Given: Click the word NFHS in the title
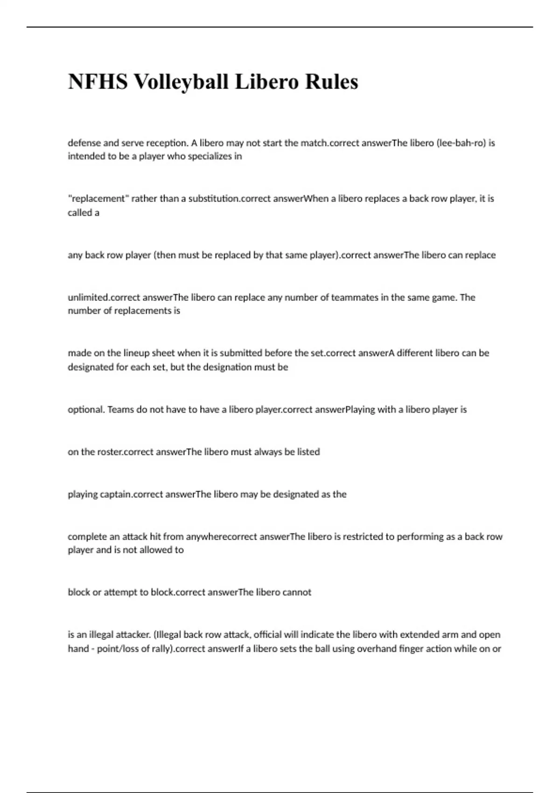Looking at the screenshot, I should [x=97, y=82].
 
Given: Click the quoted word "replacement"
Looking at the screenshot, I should [x=98, y=199].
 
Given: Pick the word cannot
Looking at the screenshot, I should [x=297, y=592].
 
